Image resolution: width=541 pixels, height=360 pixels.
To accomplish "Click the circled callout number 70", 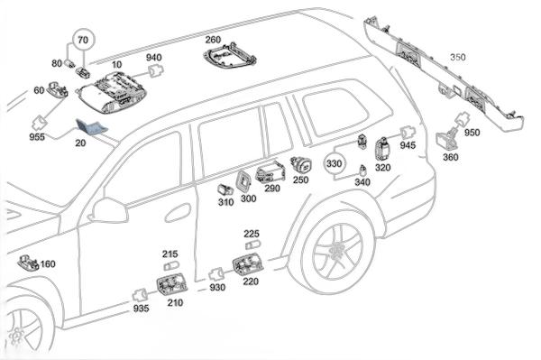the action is (x=83, y=40).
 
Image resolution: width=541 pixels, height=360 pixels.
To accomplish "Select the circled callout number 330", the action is (x=334, y=163).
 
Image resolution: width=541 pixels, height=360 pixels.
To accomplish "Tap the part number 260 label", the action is (x=213, y=40).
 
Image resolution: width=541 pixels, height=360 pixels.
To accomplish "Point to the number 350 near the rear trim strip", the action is (x=458, y=57).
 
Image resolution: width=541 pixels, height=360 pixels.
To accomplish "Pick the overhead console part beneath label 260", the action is (x=229, y=56).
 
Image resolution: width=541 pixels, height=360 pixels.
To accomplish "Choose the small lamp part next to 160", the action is (x=29, y=263).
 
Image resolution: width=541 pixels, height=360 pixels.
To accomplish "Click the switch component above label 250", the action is (x=301, y=164).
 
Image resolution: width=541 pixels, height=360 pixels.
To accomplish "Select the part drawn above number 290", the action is (x=270, y=171).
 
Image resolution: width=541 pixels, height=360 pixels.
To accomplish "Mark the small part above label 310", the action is (x=225, y=189).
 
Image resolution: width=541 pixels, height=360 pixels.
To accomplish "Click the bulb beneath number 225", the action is (x=252, y=245).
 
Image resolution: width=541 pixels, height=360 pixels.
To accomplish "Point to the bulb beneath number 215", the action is (x=171, y=266).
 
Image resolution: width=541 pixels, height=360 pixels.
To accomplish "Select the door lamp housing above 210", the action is (x=172, y=284).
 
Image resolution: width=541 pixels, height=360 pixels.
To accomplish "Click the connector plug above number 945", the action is (x=408, y=133).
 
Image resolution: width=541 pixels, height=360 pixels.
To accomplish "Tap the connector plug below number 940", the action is (x=156, y=71).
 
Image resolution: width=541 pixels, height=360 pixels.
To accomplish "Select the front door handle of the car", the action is (x=178, y=213).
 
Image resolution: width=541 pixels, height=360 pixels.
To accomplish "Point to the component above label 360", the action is (x=448, y=139).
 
